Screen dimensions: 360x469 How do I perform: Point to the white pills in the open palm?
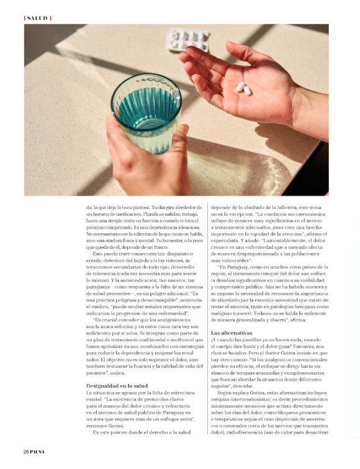pos(243,88)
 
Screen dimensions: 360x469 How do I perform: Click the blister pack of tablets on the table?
pos(187,39)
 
